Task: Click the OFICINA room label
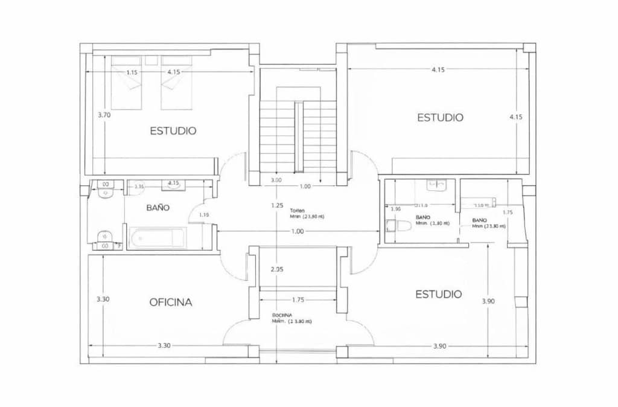pyautogui.click(x=171, y=303)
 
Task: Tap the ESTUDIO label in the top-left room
pyautogui.click(x=173, y=130)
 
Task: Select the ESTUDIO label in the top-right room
pyautogui.click(x=441, y=117)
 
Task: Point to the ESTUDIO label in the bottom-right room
pyautogui.click(x=439, y=294)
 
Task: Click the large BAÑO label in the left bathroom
pyautogui.click(x=158, y=208)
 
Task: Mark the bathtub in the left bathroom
pyautogui.click(x=156, y=238)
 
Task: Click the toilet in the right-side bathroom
pyautogui.click(x=399, y=226)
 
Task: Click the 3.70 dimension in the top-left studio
pyautogui.click(x=104, y=114)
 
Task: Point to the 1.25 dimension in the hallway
pyautogui.click(x=277, y=205)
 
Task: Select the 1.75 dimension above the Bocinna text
pyautogui.click(x=298, y=300)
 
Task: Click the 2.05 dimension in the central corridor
pyautogui.click(x=277, y=269)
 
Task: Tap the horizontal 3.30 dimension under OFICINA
pyautogui.click(x=164, y=345)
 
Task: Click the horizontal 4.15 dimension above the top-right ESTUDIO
pyautogui.click(x=438, y=69)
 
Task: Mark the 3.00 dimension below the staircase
pyautogui.click(x=276, y=180)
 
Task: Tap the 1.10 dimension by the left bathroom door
pyautogui.click(x=204, y=214)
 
